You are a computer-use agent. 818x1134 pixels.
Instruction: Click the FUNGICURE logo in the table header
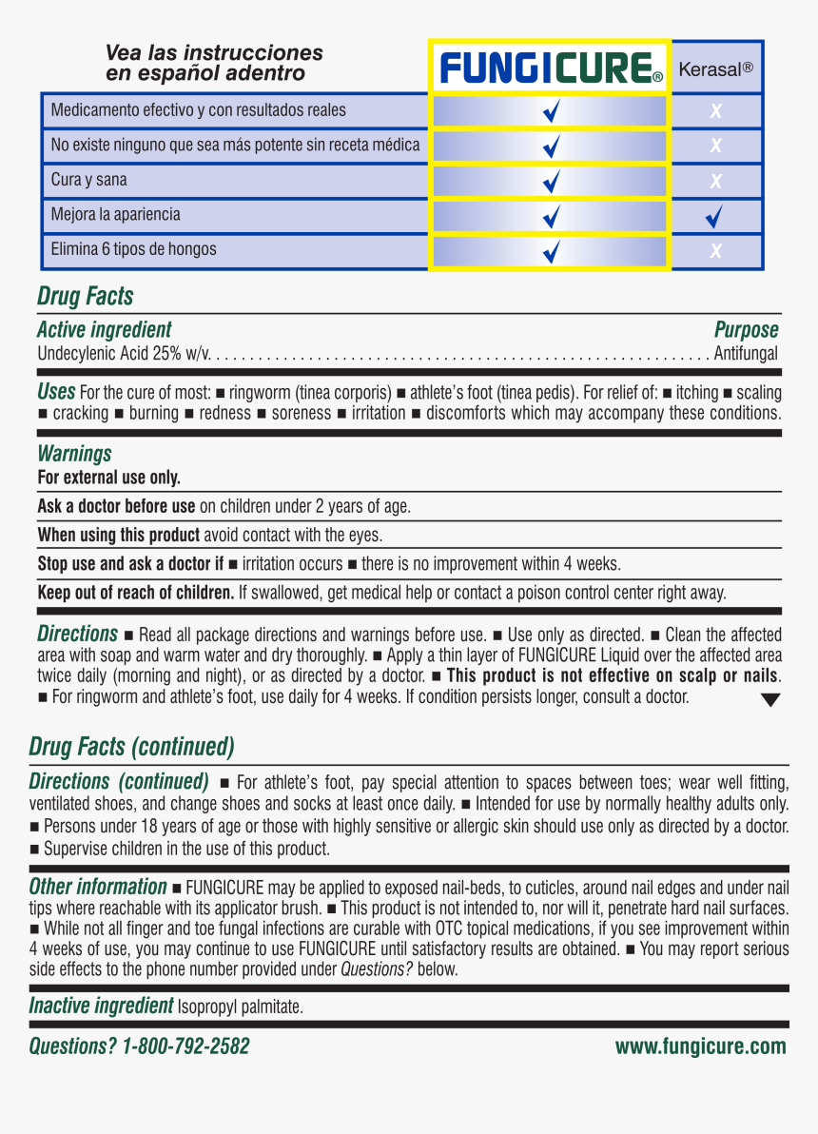pos(550,68)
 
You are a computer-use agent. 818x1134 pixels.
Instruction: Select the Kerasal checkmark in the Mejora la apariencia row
pos(715,218)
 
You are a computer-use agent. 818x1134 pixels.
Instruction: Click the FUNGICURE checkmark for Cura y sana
pos(551,182)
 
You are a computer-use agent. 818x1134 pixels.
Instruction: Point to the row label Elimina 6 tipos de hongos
pos(133,249)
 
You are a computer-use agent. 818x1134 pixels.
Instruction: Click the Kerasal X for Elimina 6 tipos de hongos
pos(716,252)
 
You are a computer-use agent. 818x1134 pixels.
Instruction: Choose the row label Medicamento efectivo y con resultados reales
pos(198,110)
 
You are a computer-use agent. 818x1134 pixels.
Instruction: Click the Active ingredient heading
pos(104,330)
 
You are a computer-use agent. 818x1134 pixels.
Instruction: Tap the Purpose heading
pos(746,330)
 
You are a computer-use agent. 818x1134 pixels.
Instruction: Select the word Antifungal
pos(746,354)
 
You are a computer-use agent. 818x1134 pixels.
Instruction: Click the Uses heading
pos(56,391)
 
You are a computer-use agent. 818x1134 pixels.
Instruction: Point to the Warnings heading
pos(74,454)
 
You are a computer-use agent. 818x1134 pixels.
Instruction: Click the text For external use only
pos(108,478)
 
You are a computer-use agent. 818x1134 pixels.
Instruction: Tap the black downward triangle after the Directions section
pos(770,700)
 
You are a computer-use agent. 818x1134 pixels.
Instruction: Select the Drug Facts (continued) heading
pos(131,747)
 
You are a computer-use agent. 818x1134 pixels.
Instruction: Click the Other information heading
pos(98,887)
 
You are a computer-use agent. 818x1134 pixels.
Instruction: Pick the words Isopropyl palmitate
pos(240,1007)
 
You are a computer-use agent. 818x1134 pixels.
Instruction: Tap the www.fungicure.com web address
pos(700,1046)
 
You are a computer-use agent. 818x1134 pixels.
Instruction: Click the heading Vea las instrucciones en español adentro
pos(214,63)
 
